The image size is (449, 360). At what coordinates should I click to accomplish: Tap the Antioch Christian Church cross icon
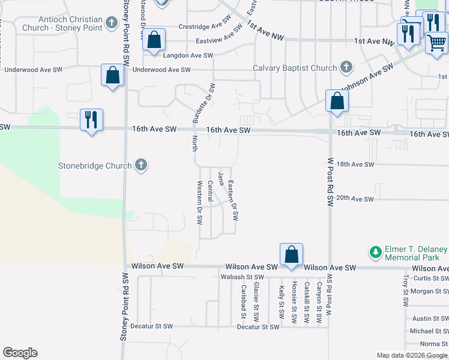(x=111, y=23)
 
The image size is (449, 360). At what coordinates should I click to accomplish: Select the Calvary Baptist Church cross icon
(x=346, y=67)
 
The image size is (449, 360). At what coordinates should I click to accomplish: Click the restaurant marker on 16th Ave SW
(x=91, y=119)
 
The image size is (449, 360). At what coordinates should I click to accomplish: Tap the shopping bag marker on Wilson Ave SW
(x=291, y=254)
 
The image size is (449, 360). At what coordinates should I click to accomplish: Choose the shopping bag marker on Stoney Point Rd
(x=112, y=75)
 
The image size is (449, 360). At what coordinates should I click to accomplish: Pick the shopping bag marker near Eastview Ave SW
(x=154, y=40)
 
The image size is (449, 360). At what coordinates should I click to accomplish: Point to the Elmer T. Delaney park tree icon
(x=376, y=253)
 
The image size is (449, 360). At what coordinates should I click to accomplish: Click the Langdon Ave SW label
(x=188, y=55)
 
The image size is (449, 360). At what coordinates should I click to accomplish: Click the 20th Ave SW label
(x=355, y=199)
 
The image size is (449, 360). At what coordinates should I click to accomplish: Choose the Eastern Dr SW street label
(x=234, y=201)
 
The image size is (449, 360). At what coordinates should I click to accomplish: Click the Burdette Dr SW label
(x=203, y=103)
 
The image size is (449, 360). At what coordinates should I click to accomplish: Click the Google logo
(x=20, y=353)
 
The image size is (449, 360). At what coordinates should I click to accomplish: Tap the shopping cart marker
(x=436, y=43)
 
